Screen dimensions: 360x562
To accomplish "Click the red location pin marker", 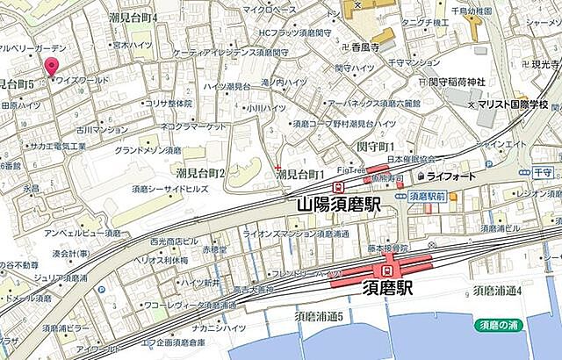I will (x=52, y=67).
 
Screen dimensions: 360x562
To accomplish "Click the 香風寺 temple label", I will (x=364, y=47).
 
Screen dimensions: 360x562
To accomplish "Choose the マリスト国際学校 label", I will (x=513, y=104).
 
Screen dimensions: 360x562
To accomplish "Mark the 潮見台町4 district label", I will (x=133, y=17).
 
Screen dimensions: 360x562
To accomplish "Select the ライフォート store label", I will (x=451, y=176).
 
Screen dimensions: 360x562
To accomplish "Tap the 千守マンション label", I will (x=412, y=62).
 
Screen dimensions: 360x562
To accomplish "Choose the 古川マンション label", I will (x=102, y=129).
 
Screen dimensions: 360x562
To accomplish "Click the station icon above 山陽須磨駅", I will (x=338, y=187).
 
